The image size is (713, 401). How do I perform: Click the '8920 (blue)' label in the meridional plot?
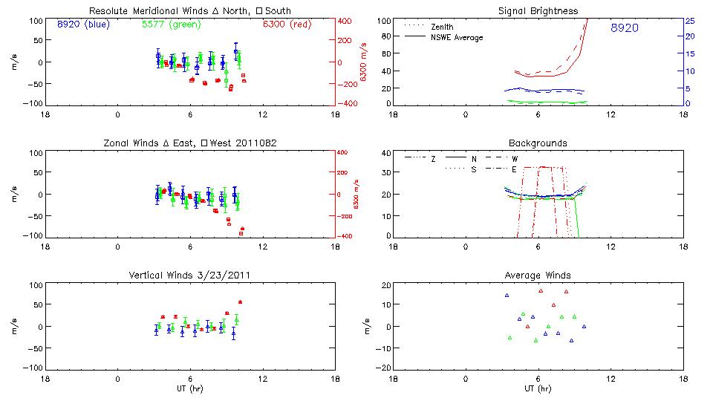[x=82, y=24]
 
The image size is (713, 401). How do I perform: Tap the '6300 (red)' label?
[x=286, y=24]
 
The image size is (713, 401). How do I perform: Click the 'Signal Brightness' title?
[x=538, y=10]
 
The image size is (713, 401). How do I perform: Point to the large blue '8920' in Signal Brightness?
[x=624, y=28]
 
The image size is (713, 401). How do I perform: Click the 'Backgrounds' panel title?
[x=538, y=143]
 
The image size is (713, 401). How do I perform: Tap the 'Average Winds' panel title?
[x=538, y=275]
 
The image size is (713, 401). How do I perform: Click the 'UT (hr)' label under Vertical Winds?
[x=190, y=388]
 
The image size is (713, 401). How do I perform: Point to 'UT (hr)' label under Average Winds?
[x=538, y=388]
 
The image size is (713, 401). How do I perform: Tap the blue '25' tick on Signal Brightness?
[x=689, y=21]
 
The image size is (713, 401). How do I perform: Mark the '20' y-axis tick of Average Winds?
[x=385, y=285]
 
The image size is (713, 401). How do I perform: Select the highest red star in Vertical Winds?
[x=240, y=301]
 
